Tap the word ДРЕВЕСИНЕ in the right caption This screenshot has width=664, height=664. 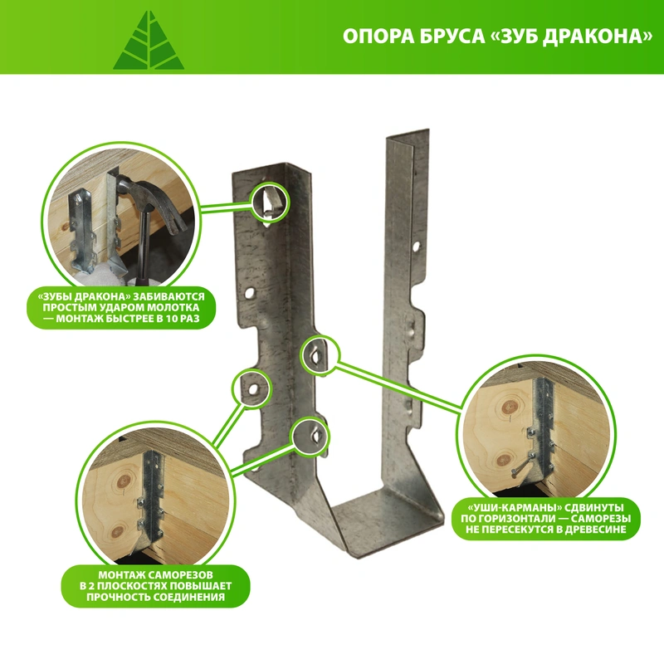[595, 530]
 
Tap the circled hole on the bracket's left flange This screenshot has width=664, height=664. [253, 388]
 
